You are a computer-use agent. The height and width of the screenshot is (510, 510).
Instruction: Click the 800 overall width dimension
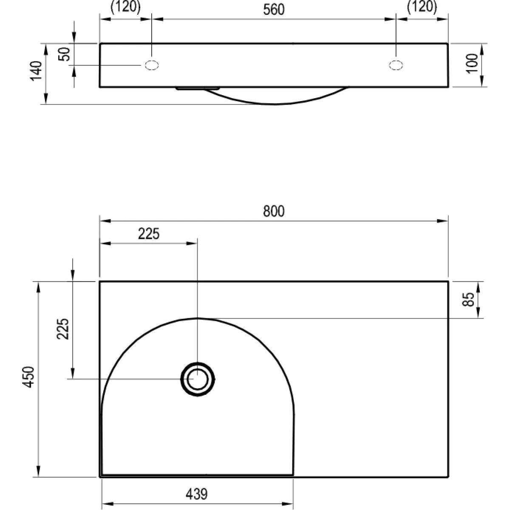pos(274,211)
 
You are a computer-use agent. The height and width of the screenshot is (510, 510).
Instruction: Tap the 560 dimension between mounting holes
pos(274,9)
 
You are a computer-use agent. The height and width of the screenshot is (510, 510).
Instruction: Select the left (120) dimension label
pos(125,6)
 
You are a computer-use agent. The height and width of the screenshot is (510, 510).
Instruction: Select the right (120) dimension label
pos(422,6)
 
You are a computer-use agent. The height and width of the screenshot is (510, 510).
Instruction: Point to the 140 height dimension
pos(36,71)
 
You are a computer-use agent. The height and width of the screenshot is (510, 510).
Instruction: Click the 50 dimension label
pos(64,54)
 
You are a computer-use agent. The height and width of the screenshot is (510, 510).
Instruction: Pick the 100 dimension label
pos(472,63)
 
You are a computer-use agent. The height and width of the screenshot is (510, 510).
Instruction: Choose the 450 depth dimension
pos(28,377)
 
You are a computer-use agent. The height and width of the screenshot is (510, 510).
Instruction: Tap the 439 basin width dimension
pos(197,494)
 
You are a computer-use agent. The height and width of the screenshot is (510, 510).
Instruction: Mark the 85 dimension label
pos(468,300)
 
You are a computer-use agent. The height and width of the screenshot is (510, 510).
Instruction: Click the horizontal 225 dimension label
pos(149,234)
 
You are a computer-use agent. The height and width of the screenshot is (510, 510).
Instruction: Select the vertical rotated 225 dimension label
pos(63,329)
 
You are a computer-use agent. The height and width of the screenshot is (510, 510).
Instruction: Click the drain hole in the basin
pos(198,379)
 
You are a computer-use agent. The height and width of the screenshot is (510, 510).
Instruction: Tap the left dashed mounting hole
pos(152,65)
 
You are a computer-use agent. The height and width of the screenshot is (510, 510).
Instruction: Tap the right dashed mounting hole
pos(396,65)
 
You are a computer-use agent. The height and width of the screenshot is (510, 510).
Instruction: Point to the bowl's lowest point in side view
pos(275,104)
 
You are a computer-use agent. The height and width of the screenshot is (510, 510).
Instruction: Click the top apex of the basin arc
pos(198,318)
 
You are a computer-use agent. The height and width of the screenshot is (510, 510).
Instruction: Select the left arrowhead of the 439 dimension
pos(108,504)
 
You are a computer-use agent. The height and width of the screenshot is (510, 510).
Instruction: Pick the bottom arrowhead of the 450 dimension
pos(38,471)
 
